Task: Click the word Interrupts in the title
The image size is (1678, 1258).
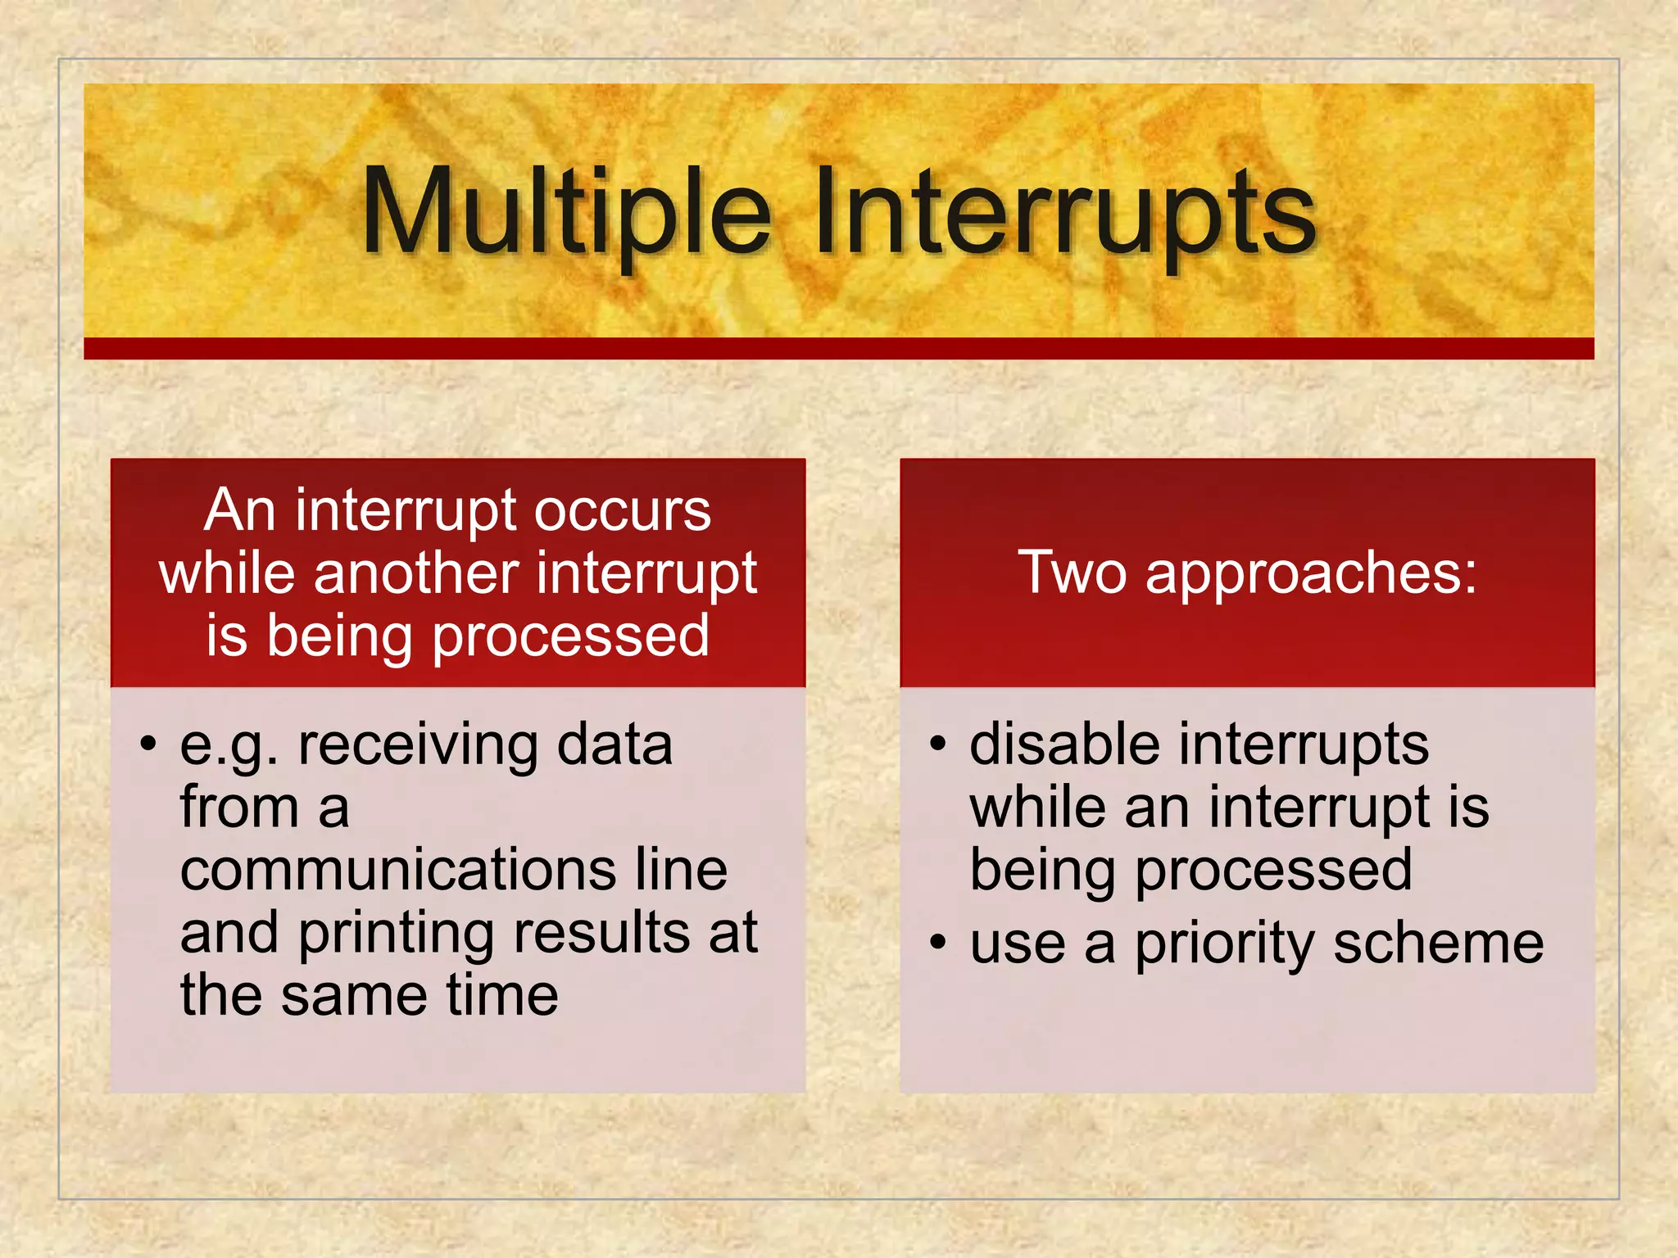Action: [x=1065, y=211]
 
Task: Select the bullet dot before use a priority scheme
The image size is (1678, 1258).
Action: [x=937, y=943]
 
